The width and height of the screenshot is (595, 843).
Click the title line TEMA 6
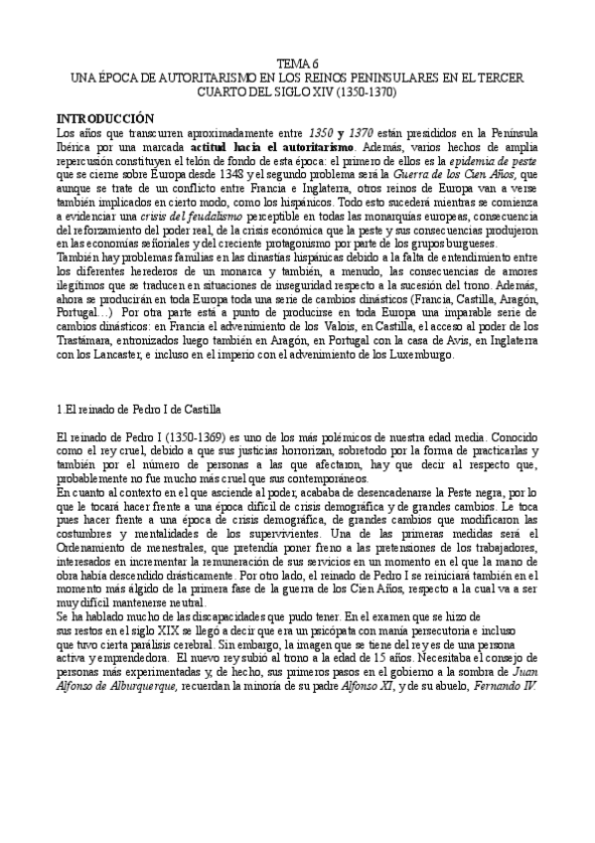[x=298, y=62]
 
